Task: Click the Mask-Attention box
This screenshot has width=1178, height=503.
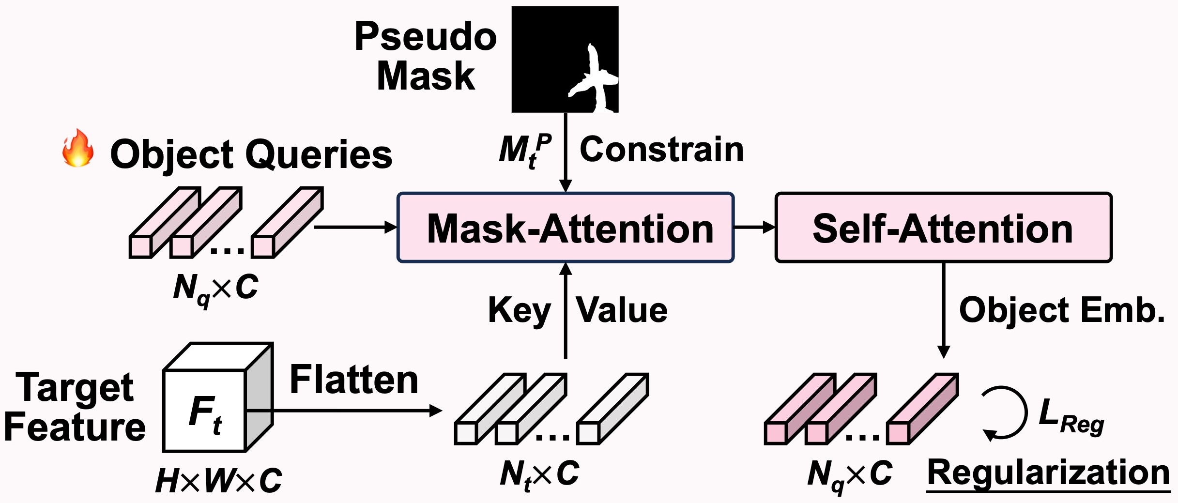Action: tap(566, 228)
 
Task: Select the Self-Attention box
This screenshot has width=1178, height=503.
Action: tap(943, 228)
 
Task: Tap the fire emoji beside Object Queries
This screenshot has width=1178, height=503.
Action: tap(77, 149)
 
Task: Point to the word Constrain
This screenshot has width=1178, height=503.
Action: tap(661, 150)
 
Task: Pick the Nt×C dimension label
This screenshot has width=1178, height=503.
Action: tap(539, 473)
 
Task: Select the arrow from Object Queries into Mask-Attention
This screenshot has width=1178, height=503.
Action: tap(355, 227)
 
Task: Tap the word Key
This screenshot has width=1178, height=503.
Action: tap(520, 310)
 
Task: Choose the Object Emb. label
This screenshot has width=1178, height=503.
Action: tap(1062, 310)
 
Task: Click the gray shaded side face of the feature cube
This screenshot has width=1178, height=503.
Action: tap(260, 397)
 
